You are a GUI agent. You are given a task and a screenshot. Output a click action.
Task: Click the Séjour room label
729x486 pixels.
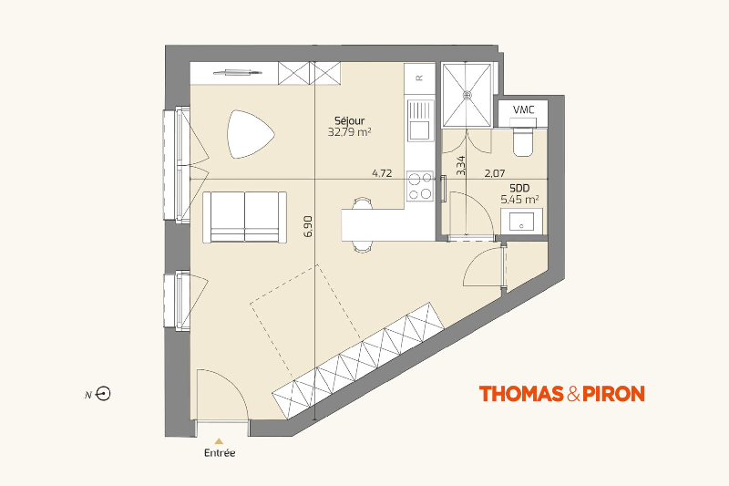click(350, 120)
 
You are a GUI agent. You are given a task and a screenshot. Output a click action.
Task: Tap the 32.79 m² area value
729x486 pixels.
click(349, 132)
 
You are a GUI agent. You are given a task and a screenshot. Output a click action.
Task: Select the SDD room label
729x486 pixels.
click(519, 189)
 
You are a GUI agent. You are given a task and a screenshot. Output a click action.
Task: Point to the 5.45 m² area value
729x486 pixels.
click(519, 200)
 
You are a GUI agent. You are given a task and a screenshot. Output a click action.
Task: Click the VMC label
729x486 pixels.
click(523, 109)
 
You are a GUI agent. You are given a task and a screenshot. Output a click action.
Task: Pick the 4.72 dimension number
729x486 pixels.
click(382, 173)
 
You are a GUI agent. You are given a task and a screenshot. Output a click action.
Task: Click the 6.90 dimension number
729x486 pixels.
click(308, 226)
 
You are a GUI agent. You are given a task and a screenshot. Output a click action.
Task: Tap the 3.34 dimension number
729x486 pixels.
click(460, 166)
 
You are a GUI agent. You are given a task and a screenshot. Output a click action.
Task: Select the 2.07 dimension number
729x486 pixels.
click(495, 173)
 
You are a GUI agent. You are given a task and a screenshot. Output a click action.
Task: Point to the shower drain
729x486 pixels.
click(467, 95)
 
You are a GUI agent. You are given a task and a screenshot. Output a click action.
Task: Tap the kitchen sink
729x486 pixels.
click(420, 120)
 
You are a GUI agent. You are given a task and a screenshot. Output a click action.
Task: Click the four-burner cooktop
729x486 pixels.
click(420, 186)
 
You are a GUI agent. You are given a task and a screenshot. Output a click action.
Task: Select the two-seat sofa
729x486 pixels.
click(244, 217)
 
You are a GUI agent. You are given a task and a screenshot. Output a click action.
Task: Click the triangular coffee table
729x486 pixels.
click(250, 134)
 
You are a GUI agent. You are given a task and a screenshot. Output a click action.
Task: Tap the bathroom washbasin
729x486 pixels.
click(521, 222)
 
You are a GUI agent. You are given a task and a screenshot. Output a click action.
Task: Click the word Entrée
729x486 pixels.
click(220, 452)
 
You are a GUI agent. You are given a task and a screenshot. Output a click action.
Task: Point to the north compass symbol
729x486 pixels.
click(103, 394)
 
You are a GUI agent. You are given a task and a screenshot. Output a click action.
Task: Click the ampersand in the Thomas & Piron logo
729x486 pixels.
click(573, 394)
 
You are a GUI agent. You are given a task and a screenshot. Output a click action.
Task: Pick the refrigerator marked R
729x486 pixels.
click(419, 78)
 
